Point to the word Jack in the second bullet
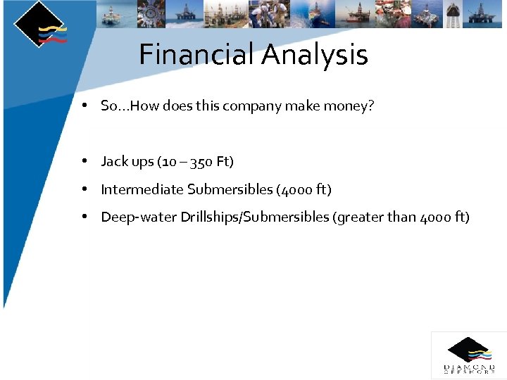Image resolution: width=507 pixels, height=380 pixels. click(x=115, y=162)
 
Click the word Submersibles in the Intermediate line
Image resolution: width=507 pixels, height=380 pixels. click(x=230, y=189)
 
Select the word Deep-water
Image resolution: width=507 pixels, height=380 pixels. click(x=139, y=217)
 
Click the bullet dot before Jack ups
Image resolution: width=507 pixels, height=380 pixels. click(x=84, y=161)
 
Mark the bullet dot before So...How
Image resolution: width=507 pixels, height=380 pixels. click(x=84, y=106)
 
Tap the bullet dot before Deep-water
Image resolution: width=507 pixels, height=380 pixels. click(x=84, y=217)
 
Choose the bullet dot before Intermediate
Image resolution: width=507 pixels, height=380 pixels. click(x=84, y=189)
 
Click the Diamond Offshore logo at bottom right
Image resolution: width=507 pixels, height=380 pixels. click(x=468, y=355)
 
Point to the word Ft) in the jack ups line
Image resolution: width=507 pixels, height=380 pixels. click(x=225, y=162)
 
